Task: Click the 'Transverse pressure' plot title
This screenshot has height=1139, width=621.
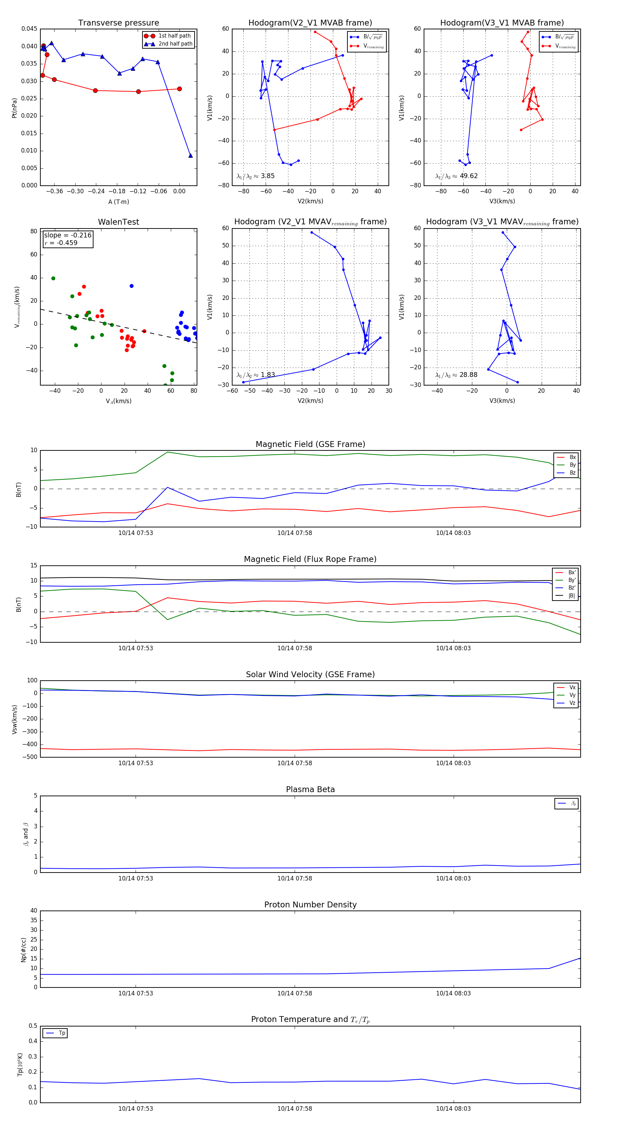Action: tap(118, 23)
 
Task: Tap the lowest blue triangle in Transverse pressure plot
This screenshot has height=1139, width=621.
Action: tap(190, 156)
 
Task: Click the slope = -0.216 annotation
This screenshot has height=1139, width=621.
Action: tap(68, 235)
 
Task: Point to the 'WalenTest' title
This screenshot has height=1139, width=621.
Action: tap(118, 222)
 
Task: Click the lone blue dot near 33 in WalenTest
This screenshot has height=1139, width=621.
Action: tap(131, 286)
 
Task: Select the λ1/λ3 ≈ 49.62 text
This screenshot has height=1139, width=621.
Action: tap(456, 176)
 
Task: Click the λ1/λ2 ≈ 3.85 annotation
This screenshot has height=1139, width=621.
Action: tap(255, 176)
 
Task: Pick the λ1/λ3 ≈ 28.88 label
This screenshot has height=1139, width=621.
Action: tap(456, 375)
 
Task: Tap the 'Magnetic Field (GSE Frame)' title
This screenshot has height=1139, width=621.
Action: tap(310, 444)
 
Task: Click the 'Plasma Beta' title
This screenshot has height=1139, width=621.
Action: tap(310, 789)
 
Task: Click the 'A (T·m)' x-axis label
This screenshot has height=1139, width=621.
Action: tap(118, 202)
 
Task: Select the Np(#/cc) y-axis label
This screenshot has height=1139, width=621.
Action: tap(23, 950)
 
